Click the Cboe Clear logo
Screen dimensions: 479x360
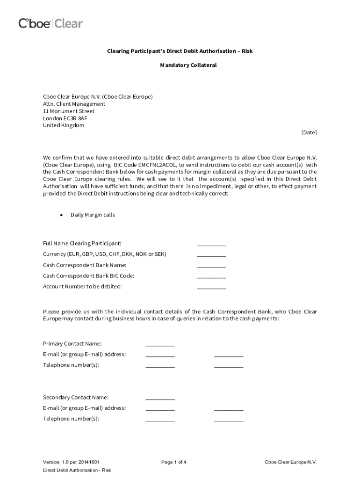click(x=50, y=23)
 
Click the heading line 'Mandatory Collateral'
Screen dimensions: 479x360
click(x=188, y=65)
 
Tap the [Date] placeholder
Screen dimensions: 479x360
click(x=309, y=132)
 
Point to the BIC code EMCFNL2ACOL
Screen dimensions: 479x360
click(x=158, y=165)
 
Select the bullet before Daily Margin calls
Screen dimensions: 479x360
click(x=61, y=215)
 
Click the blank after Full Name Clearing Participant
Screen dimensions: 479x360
click(x=211, y=244)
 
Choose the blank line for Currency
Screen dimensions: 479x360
click(x=211, y=255)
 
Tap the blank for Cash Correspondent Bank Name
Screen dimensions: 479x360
click(x=211, y=266)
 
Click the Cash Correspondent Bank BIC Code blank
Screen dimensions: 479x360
click(x=211, y=276)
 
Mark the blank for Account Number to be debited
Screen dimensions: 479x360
click(x=211, y=287)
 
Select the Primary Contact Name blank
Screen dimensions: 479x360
click(x=160, y=345)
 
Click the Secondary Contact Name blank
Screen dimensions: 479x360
click(x=160, y=399)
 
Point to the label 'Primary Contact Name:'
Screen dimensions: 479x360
click(x=72, y=344)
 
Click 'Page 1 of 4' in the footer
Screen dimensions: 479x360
click(x=174, y=462)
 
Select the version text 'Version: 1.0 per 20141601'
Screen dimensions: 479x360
click(x=71, y=462)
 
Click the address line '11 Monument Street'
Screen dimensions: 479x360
click(x=69, y=111)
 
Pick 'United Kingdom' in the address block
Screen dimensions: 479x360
click(x=64, y=125)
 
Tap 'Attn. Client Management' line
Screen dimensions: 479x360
click(x=74, y=104)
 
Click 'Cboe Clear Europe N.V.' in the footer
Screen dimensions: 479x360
click(x=290, y=462)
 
